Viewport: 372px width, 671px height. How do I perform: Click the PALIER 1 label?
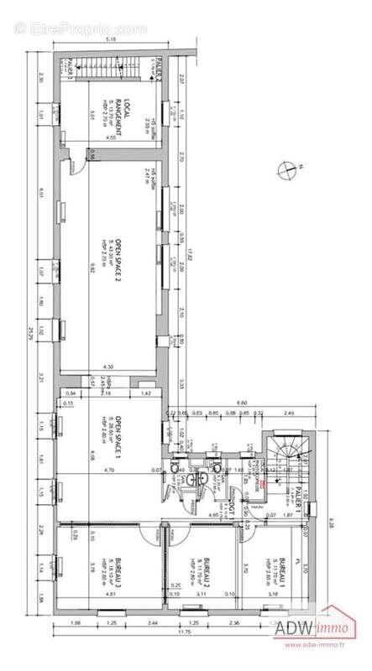[299, 493]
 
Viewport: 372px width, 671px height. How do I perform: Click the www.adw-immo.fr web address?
[316, 645]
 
